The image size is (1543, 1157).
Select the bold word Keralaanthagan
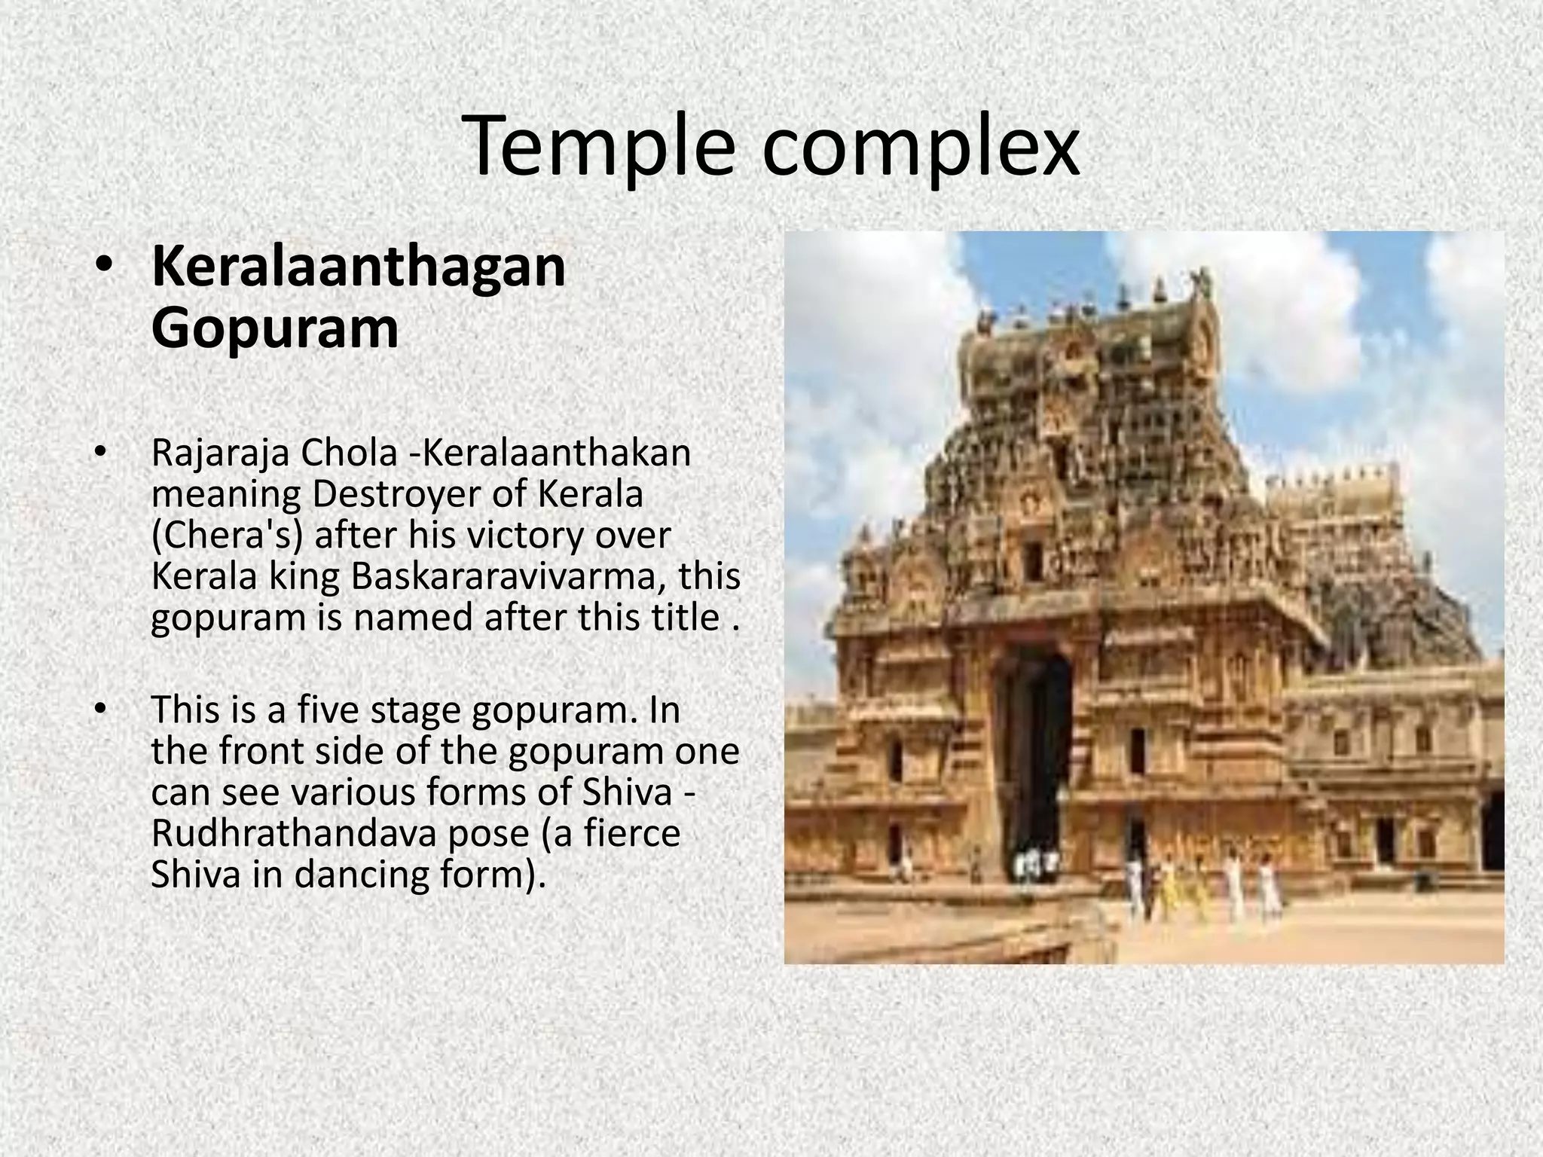coord(359,267)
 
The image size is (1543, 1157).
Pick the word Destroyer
coord(393,494)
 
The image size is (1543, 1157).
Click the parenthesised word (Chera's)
coord(227,536)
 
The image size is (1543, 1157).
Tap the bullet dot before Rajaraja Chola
coord(99,453)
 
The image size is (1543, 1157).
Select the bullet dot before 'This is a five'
coord(99,710)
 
